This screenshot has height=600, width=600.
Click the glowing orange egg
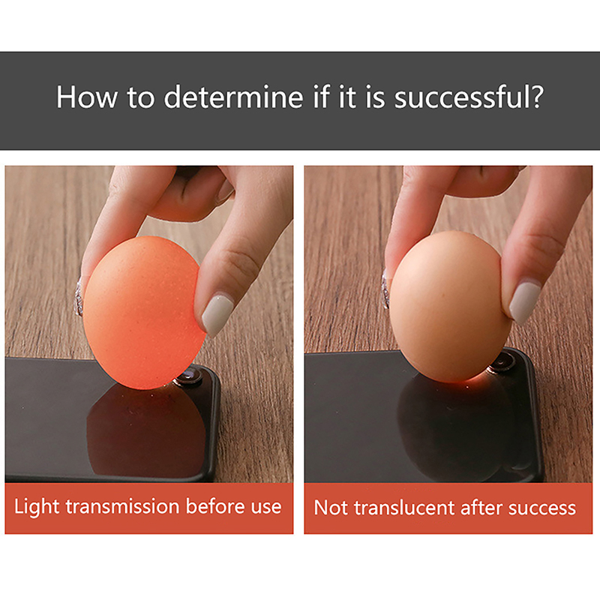[x=143, y=312]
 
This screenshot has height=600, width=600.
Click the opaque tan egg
[x=451, y=306]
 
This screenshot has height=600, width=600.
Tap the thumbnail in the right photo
[x=524, y=302]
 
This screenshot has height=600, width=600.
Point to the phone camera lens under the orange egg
[x=189, y=376]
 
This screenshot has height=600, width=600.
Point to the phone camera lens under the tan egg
[x=501, y=362]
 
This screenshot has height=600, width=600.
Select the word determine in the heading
[x=233, y=97]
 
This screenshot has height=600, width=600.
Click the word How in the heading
[x=87, y=97]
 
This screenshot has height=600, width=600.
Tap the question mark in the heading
[x=537, y=97]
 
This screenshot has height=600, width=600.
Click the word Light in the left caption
[x=37, y=507]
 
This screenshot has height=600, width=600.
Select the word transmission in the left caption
[x=122, y=507]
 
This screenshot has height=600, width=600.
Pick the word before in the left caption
[x=215, y=506]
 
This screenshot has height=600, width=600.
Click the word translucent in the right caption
[x=404, y=508]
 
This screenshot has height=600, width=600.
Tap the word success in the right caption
[x=541, y=508]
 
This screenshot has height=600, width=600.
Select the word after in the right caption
[x=481, y=508]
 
